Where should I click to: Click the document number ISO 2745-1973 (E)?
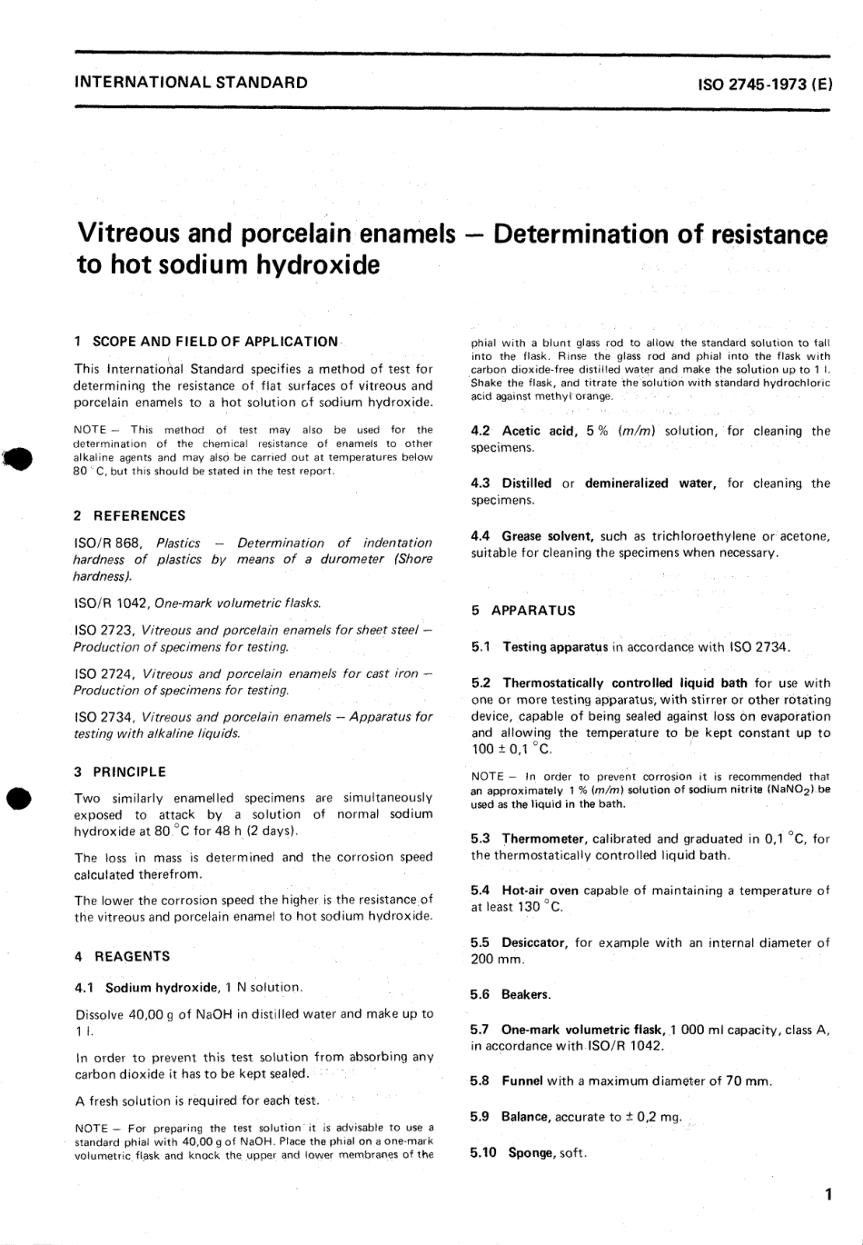763,84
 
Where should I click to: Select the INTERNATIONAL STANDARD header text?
191,83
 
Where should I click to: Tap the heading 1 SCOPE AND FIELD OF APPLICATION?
206,342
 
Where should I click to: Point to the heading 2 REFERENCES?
130,516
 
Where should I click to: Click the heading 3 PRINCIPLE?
120,772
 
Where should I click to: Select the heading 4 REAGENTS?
122,956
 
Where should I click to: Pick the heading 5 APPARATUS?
523,611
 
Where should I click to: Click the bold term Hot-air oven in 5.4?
540,891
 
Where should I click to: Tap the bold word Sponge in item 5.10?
531,1152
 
